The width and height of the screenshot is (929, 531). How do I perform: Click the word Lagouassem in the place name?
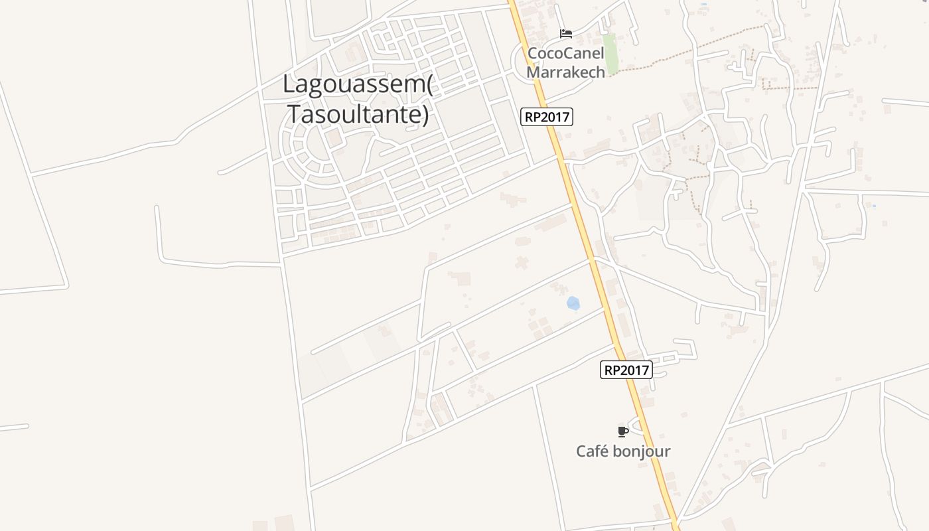click(x=354, y=85)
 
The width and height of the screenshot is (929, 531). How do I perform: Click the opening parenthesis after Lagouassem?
click(x=429, y=85)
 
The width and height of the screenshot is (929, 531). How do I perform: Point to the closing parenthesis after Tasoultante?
click(x=425, y=114)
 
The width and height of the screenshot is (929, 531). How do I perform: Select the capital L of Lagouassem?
click(x=288, y=85)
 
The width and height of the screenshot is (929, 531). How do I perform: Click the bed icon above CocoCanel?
click(x=566, y=34)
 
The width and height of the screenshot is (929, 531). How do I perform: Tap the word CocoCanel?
click(x=566, y=53)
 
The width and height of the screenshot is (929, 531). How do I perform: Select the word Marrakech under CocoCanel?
click(x=566, y=72)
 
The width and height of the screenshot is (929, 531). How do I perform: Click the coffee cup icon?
click(x=622, y=431)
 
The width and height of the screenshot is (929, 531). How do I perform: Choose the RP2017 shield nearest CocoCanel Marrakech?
click(x=547, y=117)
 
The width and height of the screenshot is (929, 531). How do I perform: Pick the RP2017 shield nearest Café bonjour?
click(x=626, y=370)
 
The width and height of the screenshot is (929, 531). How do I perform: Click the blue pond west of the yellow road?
click(x=573, y=303)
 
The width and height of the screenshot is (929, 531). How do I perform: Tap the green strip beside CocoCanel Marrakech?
click(x=610, y=53)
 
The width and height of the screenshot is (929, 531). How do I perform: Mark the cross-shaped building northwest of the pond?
click(x=522, y=262)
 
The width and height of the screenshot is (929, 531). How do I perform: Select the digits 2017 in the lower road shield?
click(x=636, y=370)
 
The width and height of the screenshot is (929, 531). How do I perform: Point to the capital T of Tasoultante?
click(x=293, y=114)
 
